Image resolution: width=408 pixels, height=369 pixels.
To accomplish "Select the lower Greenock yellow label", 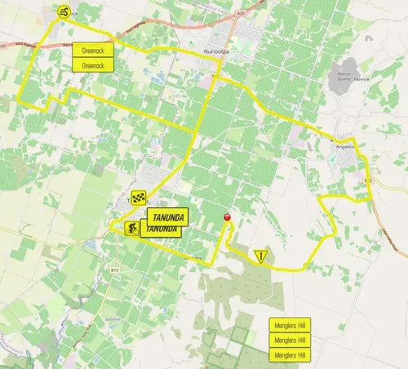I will [x=94, y=64].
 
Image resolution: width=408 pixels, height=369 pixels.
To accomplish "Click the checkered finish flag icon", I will [x=138, y=197].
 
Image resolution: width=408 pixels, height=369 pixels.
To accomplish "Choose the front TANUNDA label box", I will [x=168, y=217].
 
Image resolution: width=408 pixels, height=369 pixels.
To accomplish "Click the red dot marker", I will [x=227, y=216].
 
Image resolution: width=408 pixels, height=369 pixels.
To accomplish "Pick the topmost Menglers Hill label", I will [x=290, y=325].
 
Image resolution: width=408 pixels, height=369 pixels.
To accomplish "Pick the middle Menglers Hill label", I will [x=290, y=340].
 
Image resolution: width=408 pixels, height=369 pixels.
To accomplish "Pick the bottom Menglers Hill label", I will [x=290, y=355].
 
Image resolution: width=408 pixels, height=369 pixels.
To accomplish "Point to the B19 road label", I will [x=115, y=268].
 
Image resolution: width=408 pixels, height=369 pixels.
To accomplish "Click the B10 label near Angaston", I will [x=367, y=180].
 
